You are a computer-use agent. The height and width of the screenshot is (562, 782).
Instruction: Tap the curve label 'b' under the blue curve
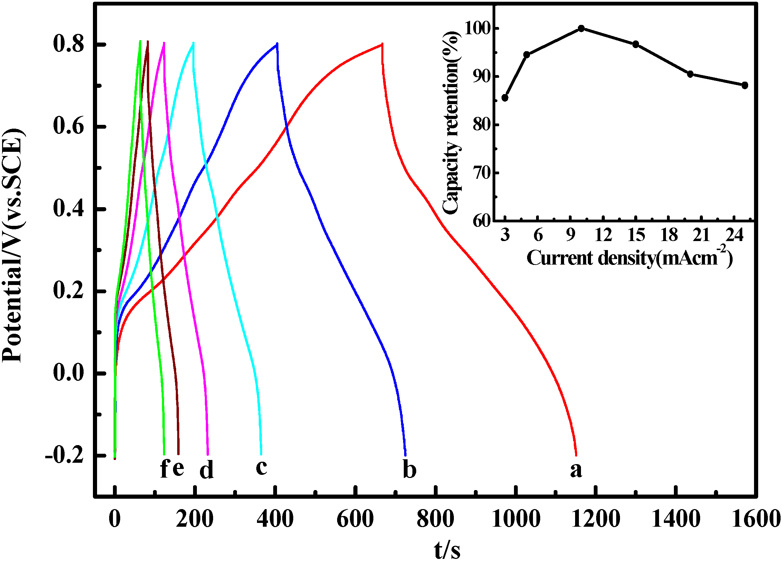point(410,469)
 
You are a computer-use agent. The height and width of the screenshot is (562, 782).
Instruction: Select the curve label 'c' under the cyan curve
point(261,467)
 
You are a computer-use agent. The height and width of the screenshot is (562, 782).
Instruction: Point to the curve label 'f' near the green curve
point(164,469)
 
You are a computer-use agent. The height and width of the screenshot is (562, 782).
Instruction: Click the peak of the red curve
point(382,44)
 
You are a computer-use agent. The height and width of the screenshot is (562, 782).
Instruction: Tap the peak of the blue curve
point(277,44)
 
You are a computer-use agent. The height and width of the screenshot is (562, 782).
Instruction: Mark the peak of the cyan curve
point(193,43)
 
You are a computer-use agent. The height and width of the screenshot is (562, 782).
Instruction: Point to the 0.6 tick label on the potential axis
point(68,126)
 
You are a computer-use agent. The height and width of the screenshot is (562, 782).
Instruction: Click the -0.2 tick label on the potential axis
point(65,455)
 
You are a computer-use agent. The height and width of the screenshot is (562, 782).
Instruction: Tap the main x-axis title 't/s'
point(447,550)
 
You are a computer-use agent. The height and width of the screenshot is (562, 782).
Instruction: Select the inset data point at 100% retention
point(581,28)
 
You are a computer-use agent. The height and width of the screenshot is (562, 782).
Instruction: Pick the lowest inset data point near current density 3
point(505,98)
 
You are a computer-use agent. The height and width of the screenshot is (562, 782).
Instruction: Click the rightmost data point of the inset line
point(745,85)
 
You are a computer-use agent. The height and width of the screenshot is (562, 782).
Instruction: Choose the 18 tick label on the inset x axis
point(669,236)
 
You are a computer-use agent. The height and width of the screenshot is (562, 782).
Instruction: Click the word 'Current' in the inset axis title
point(559,258)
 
